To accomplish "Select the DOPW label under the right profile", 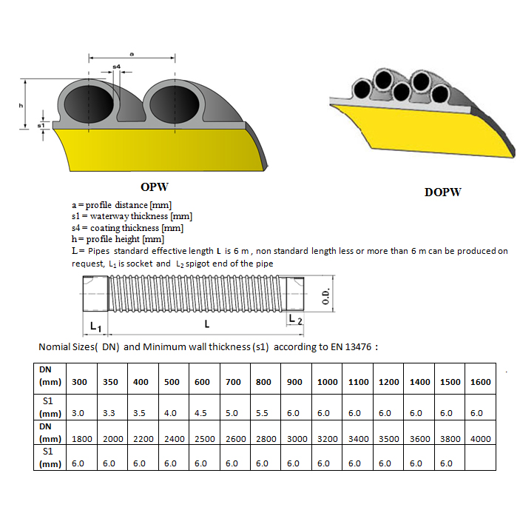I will [x=443, y=192].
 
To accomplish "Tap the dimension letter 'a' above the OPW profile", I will [x=131, y=53].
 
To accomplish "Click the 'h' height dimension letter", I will [x=21, y=105].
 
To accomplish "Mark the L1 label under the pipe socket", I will [x=95, y=326].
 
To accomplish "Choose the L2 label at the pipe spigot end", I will [x=294, y=319].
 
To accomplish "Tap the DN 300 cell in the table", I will [x=79, y=382].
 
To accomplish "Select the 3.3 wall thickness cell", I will [x=110, y=413].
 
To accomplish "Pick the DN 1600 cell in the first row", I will [x=480, y=382].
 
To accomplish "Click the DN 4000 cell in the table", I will [x=480, y=438].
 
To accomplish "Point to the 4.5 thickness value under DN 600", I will [x=202, y=413].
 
